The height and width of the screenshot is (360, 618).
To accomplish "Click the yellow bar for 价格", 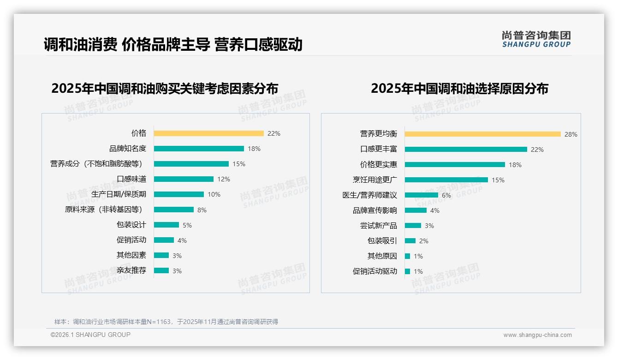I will pyautogui.click(x=208, y=133).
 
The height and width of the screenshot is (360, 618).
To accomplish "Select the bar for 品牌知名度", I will pyautogui.click(x=199, y=149).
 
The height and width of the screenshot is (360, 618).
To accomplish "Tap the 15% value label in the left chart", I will pyautogui.click(x=239, y=164).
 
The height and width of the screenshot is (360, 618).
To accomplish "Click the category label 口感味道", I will pyautogui.click(x=131, y=179).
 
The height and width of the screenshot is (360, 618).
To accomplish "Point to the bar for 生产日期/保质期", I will pyautogui.click(x=178, y=194).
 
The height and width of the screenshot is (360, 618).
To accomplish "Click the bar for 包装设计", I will pyautogui.click(x=166, y=225).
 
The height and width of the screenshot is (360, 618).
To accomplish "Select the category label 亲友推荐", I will pyautogui.click(x=131, y=270).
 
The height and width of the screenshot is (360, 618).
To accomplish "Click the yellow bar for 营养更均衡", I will pyautogui.click(x=482, y=134).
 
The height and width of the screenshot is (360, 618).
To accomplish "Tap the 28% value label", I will pyautogui.click(x=571, y=134).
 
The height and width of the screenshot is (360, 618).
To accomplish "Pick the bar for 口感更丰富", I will pyautogui.click(x=466, y=149).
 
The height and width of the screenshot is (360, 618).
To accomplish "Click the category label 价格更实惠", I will pyautogui.click(x=378, y=164).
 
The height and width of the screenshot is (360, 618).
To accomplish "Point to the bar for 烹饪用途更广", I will pyautogui.click(x=446, y=180).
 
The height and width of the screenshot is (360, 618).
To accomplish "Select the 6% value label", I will pyautogui.click(x=446, y=195).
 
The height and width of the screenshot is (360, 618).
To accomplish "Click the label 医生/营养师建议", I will pyautogui.click(x=369, y=195).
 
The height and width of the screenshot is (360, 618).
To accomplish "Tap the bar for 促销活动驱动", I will pyautogui.click(x=407, y=271).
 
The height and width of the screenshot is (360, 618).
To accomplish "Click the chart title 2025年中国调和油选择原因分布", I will pyautogui.click(x=459, y=89).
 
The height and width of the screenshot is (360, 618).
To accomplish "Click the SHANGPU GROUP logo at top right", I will pyautogui.click(x=536, y=39).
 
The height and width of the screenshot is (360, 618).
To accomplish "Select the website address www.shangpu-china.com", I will pyautogui.click(x=537, y=335).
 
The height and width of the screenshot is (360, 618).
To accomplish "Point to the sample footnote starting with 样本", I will pyautogui.click(x=166, y=322).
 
